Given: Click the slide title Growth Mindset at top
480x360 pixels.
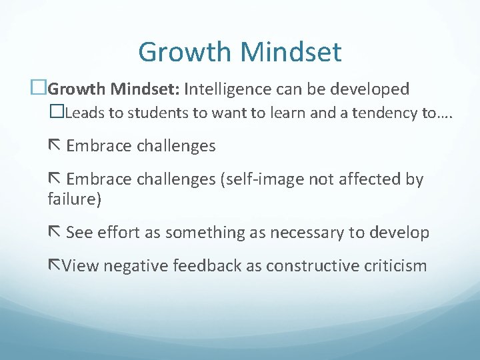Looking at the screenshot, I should [x=240, y=52].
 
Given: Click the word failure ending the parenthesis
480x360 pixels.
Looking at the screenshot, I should [x=72, y=198].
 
